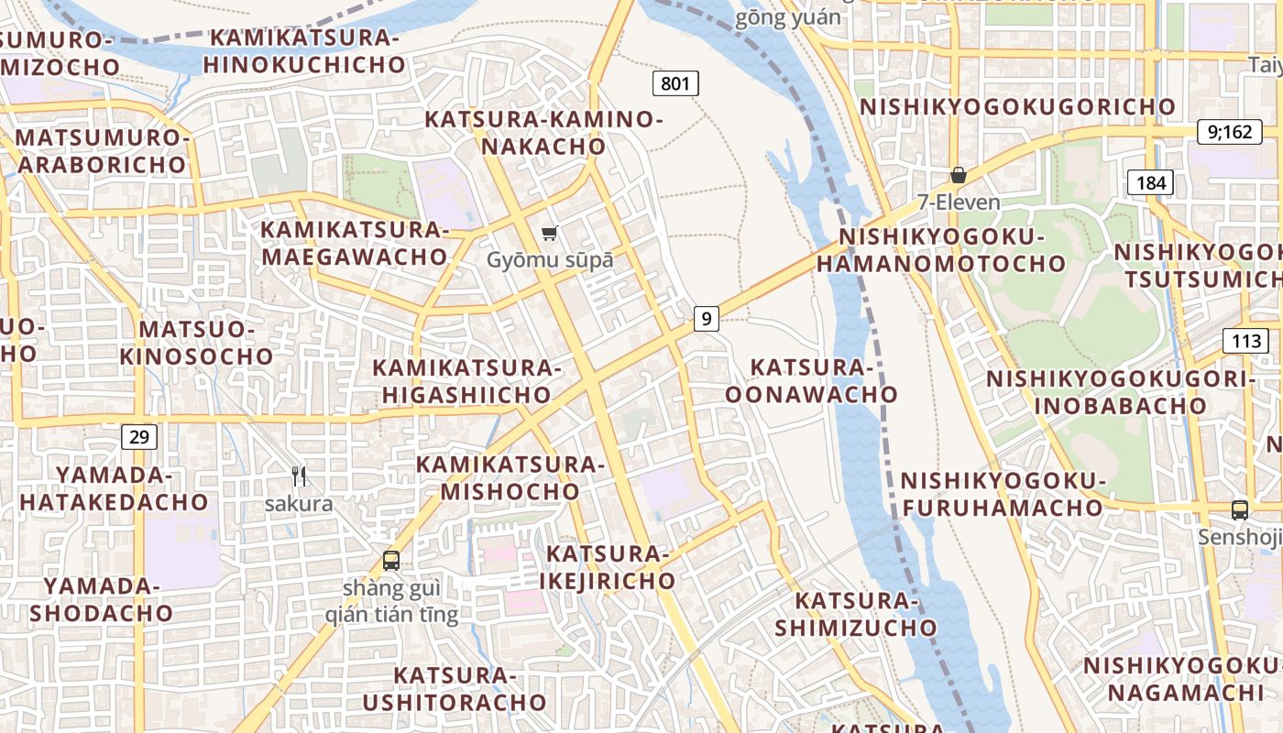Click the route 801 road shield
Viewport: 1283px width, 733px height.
pyautogui.click(x=675, y=84)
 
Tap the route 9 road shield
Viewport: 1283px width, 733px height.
pyautogui.click(x=705, y=319)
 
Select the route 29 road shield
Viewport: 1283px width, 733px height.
pyautogui.click(x=138, y=437)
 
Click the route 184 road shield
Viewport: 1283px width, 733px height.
pyautogui.click(x=1150, y=182)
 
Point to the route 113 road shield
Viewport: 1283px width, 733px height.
pyautogui.click(x=1245, y=342)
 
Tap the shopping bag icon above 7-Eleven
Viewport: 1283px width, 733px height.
pyautogui.click(x=958, y=174)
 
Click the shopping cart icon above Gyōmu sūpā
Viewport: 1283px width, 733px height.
pyautogui.click(x=549, y=234)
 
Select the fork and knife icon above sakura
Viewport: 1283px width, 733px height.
pyautogui.click(x=299, y=476)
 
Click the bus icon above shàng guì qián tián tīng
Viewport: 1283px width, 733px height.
pyautogui.click(x=391, y=561)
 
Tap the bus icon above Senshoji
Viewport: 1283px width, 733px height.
pyautogui.click(x=1239, y=510)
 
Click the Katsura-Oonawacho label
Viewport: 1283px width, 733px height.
pyautogui.click(x=811, y=381)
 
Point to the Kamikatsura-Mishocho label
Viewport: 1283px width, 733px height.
pyautogui.click(x=510, y=477)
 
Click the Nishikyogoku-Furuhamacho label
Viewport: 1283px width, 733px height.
pyautogui.click(x=1003, y=494)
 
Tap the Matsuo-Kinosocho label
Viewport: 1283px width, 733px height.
pyautogui.click(x=196, y=342)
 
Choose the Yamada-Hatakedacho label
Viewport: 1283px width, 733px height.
pyautogui.click(x=115, y=488)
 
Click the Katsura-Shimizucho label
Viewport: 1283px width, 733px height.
pyautogui.click(x=856, y=614)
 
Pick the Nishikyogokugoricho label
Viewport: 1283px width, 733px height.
pyautogui.click(x=1017, y=106)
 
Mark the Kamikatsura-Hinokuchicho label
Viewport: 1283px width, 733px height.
pyautogui.click(x=304, y=51)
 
